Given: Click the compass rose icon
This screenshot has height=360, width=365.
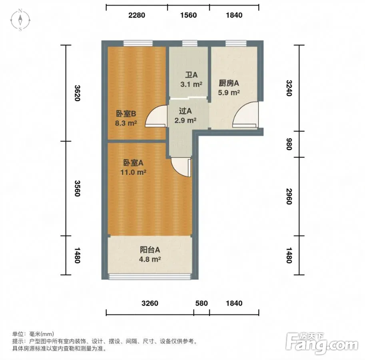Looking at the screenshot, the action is pos(20,20).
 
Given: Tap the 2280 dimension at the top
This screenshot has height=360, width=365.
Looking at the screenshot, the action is pos(137,15).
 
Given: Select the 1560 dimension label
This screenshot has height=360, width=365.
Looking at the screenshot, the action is pos(188,15).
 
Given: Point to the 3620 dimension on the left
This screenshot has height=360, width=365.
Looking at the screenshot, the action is pos(77,93).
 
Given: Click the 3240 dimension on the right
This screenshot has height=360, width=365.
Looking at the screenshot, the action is pos(289,88).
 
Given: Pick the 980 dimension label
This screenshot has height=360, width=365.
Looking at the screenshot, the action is pos(289,144).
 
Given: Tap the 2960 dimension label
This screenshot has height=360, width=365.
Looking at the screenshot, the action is pos(289,196).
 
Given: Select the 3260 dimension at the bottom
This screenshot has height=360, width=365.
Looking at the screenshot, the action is pos(150,303).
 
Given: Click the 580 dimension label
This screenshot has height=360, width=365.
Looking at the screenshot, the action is pos(201,303).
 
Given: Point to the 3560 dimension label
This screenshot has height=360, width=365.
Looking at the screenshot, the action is pos(77,188).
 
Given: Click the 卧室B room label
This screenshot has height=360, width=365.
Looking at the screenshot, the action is pos(126,114).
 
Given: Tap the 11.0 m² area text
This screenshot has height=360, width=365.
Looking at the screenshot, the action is pos(133,172).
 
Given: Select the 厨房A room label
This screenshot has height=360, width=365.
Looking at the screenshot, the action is pos(229,83).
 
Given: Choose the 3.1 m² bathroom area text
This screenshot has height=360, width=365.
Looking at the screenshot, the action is pos(191,84).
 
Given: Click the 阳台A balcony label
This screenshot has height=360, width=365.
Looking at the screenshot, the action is pos(150,250).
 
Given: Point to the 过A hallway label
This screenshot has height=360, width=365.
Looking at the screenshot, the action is pos(185,111).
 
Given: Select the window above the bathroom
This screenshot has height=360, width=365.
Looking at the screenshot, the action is pos(190,43).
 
